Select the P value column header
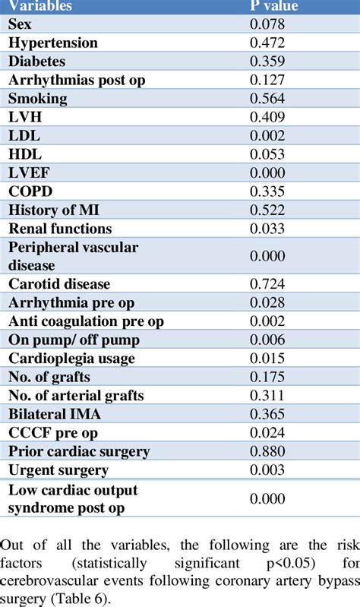point(275,7)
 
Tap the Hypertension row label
point(53,43)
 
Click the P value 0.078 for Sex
point(267,25)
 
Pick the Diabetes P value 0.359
point(267,62)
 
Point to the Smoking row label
point(38,99)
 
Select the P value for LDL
point(267,135)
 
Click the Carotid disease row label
point(59,284)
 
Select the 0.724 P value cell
point(267,284)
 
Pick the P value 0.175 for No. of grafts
point(267,377)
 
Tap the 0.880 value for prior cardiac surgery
point(267,451)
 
